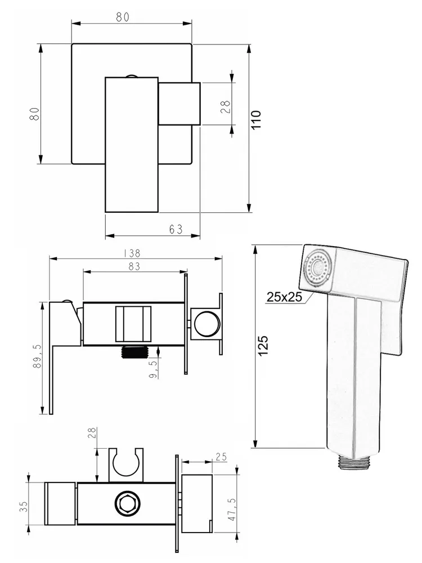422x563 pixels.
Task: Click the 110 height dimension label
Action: point(256,120)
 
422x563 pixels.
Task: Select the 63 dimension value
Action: point(176,229)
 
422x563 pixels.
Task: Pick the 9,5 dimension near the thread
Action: point(153,369)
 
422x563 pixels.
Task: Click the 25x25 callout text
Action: point(284,297)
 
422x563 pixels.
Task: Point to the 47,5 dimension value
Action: point(232,509)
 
